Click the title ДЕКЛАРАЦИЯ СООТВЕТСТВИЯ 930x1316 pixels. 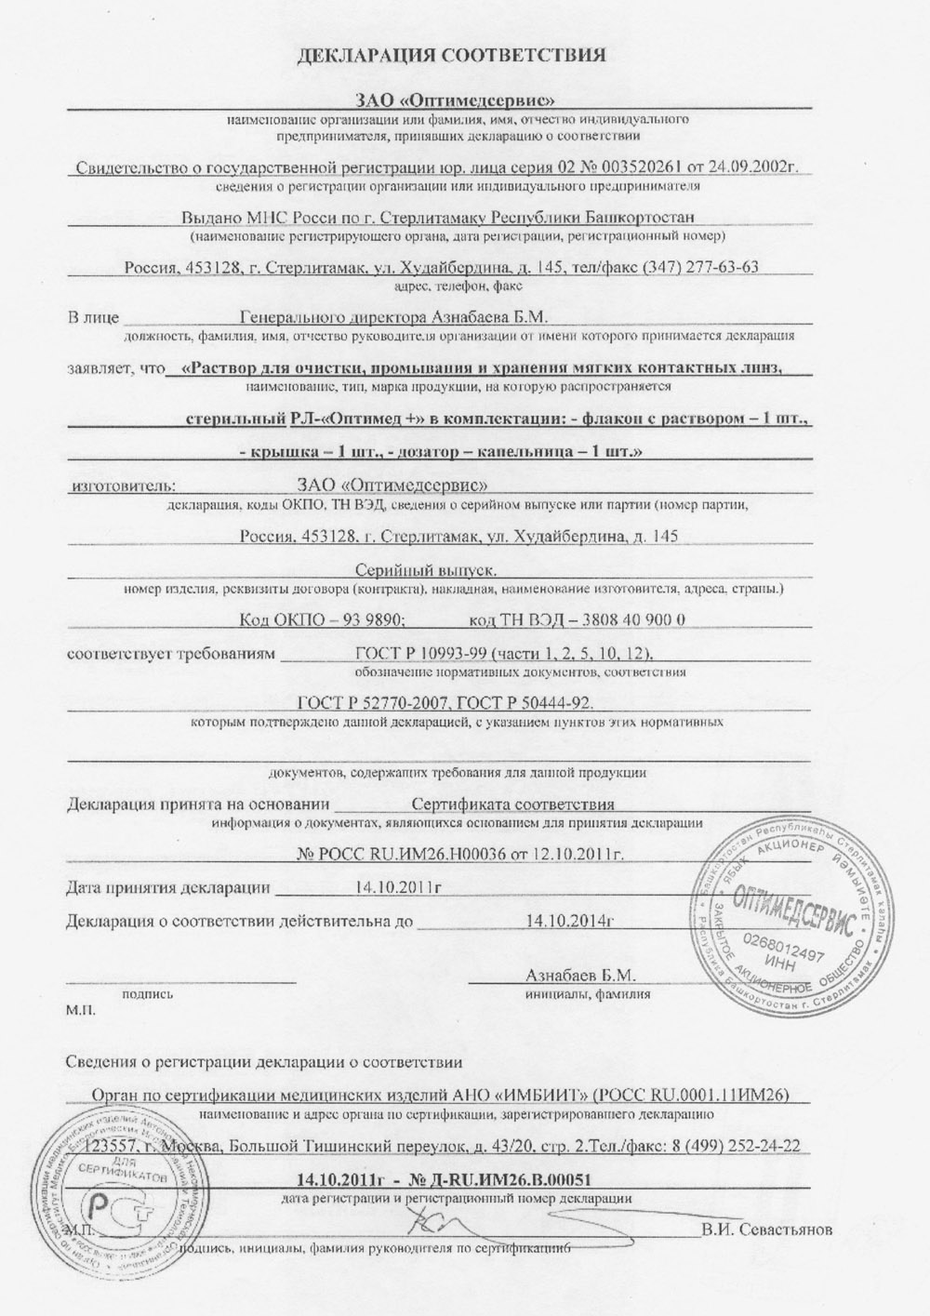tap(451, 55)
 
